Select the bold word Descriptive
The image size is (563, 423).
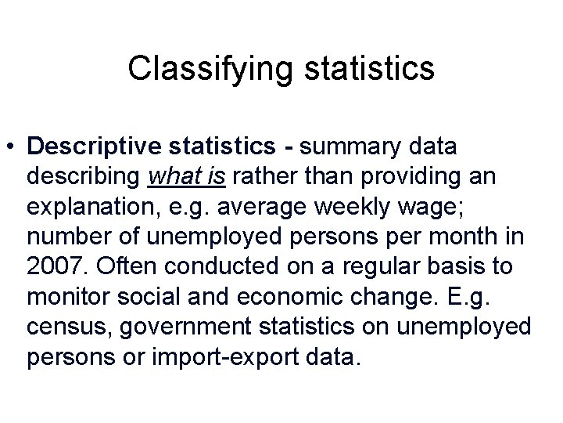point(88,146)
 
